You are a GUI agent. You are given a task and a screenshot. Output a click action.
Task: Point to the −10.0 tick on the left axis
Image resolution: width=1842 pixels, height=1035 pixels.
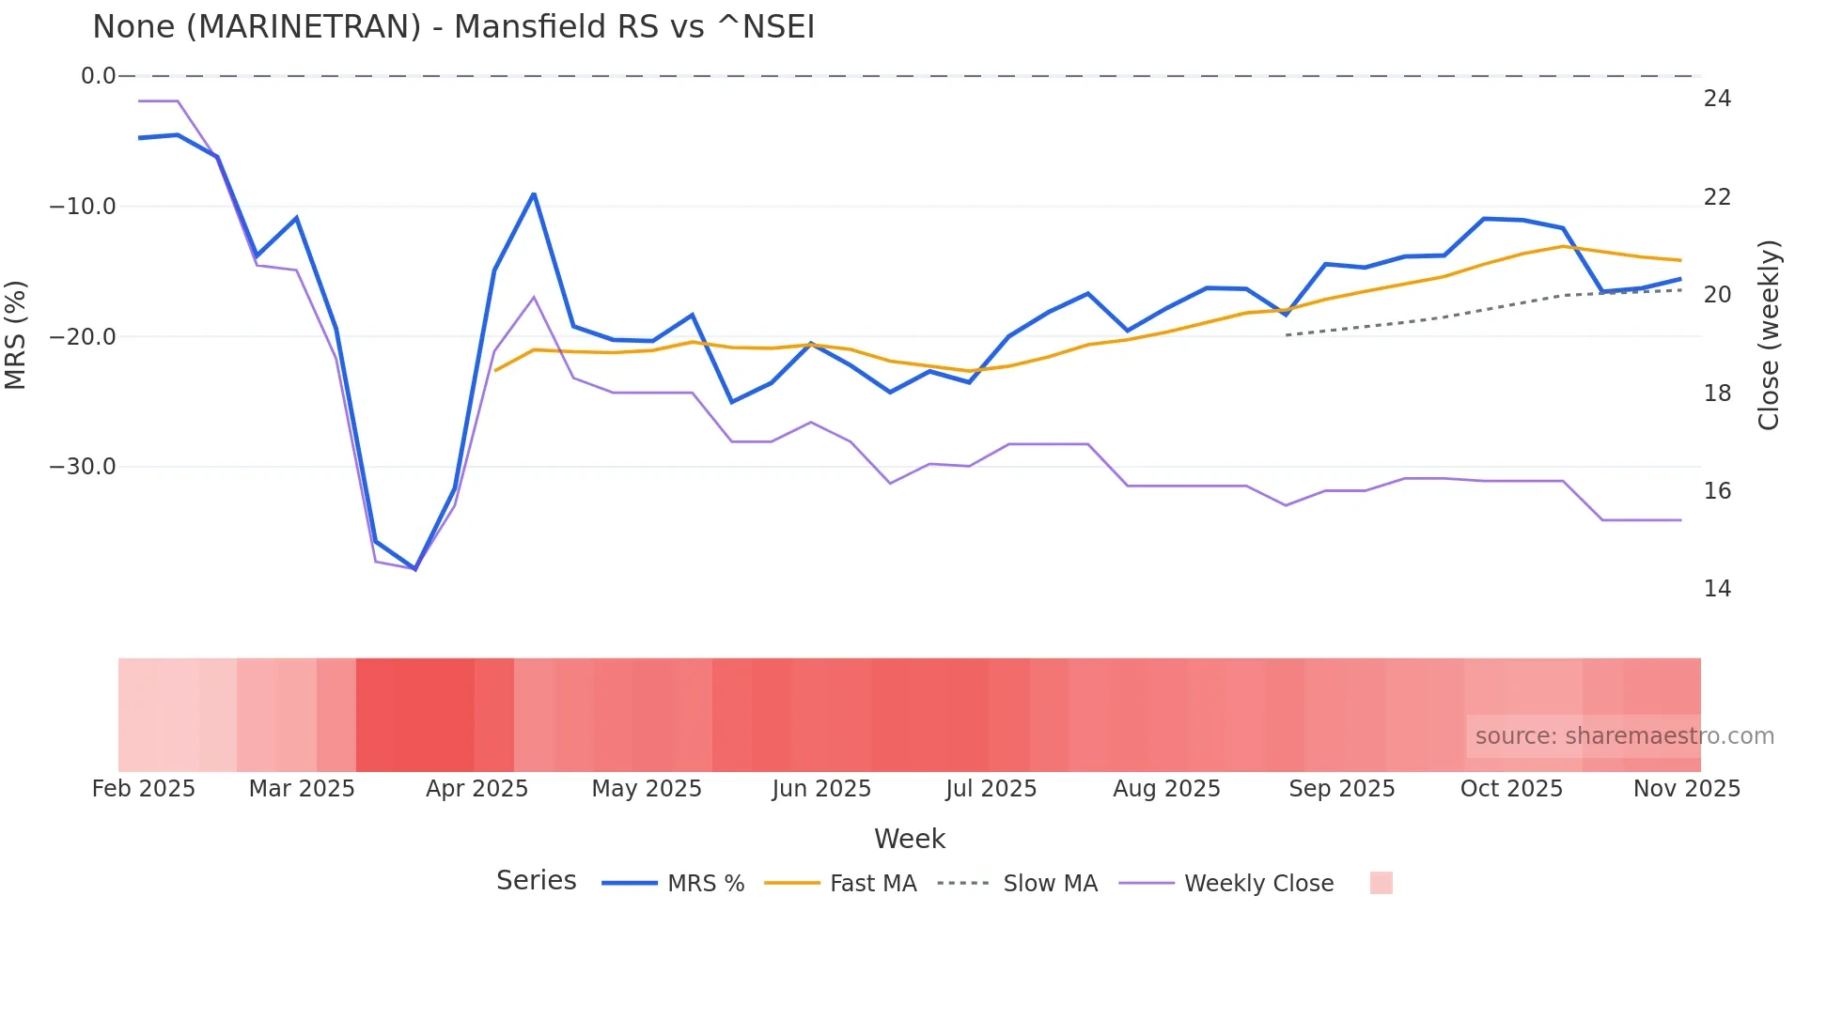[83, 207]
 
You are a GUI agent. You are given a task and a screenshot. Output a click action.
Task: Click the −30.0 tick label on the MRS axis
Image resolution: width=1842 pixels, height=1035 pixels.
[83, 467]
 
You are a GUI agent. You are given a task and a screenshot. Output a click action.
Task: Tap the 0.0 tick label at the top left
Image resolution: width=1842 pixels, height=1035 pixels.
[98, 76]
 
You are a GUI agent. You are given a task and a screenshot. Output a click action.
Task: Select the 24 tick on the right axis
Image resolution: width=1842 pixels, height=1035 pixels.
[1717, 99]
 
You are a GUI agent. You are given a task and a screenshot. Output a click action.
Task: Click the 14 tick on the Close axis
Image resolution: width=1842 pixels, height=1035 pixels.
[1717, 589]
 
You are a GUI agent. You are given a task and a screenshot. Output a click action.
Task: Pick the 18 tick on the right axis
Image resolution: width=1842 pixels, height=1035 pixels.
[1717, 394]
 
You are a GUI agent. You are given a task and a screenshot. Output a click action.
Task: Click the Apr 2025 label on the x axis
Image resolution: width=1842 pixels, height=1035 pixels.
[476, 789]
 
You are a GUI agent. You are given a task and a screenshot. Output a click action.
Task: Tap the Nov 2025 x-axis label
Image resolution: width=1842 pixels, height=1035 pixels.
[1686, 789]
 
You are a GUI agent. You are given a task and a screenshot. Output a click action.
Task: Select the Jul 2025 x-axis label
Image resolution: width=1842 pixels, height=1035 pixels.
[991, 789]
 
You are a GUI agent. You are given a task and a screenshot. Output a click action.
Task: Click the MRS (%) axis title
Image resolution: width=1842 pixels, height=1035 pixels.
[16, 335]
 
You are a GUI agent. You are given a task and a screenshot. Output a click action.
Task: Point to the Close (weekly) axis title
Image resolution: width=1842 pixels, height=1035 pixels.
[1769, 335]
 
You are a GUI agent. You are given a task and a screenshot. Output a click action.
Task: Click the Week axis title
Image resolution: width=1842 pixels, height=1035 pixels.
[909, 839]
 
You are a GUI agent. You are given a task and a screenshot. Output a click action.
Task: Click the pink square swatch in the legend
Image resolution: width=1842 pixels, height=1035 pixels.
[1381, 883]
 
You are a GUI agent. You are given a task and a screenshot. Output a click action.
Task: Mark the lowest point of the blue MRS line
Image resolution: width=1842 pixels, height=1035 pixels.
[415, 569]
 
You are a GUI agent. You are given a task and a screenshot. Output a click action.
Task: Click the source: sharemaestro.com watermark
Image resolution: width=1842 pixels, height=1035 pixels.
[1624, 736]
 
